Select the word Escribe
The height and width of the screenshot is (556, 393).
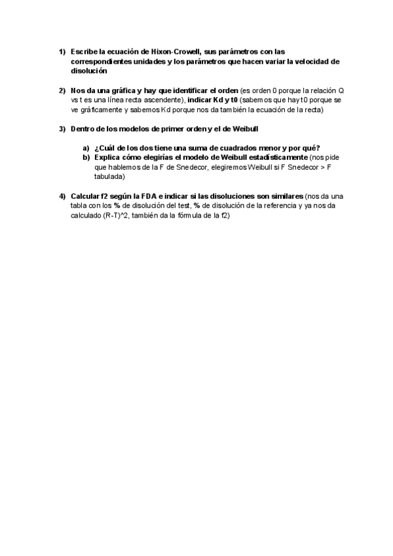[x=86, y=51]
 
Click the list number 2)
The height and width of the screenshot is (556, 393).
[x=62, y=90]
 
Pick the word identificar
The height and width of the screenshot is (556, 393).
[x=181, y=90]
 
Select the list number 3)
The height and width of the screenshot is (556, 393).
[x=62, y=129]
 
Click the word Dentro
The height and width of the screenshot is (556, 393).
[x=83, y=129]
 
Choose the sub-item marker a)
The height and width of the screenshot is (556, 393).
[x=86, y=148]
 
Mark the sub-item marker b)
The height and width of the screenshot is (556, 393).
[x=86, y=157]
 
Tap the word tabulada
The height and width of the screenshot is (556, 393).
[x=109, y=176]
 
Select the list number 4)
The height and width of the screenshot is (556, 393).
[x=62, y=196]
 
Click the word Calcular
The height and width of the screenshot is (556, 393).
[x=85, y=196]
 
